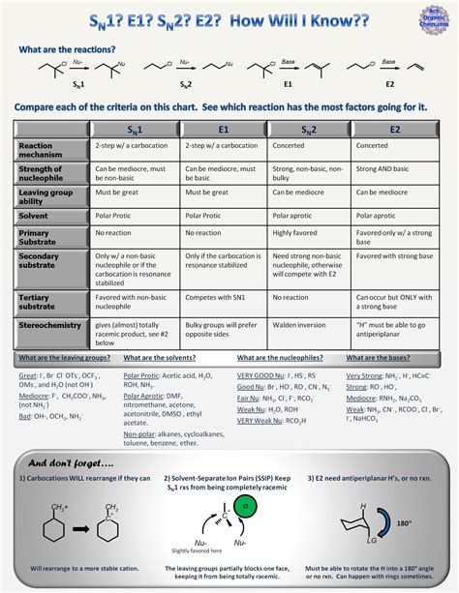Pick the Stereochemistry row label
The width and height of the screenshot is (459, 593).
(49, 326)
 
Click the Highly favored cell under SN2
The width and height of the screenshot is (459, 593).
(295, 233)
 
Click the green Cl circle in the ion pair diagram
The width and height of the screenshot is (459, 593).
(247, 506)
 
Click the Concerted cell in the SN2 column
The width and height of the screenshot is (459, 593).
(290, 146)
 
